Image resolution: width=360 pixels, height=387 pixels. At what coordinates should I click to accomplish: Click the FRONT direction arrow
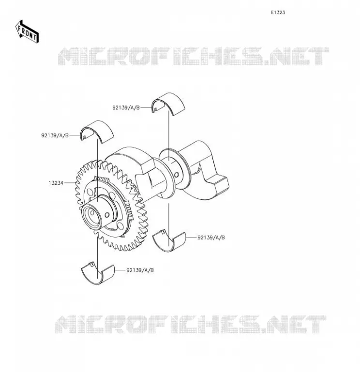tap(27, 32)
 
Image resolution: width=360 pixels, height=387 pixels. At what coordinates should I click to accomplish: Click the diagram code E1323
tap(278, 13)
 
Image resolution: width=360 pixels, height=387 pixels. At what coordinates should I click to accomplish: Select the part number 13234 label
tap(56, 183)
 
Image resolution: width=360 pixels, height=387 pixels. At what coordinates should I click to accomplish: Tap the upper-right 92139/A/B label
tap(126, 107)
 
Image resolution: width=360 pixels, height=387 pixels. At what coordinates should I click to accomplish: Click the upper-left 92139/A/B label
tap(55, 135)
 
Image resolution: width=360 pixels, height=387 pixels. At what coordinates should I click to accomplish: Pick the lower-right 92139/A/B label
tap(211, 238)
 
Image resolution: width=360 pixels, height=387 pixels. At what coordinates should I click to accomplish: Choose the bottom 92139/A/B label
tap(140, 270)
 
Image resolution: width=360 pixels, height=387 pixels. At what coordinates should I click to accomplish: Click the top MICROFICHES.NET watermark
tap(194, 56)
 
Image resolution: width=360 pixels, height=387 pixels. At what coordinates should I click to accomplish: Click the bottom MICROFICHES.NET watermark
tap(191, 324)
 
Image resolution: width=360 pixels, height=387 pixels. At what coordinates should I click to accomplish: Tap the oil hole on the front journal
tap(107, 215)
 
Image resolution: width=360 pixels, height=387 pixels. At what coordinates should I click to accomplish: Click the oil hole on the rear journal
tap(177, 175)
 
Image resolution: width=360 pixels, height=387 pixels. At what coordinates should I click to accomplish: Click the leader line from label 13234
tap(70, 183)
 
